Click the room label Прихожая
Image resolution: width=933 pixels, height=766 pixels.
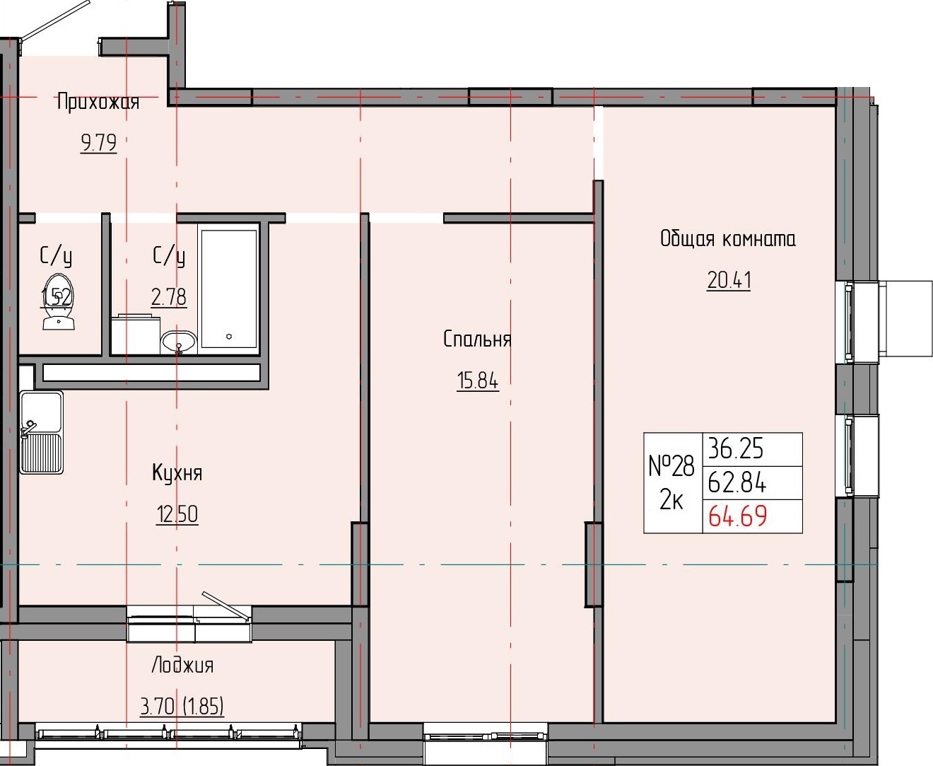click(x=98, y=103)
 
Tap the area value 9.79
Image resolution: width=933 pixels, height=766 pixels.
click(x=98, y=144)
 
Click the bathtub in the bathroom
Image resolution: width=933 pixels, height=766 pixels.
click(x=229, y=287)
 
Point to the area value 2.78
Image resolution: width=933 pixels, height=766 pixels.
click(x=169, y=296)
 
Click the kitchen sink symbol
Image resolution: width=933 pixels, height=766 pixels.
click(x=41, y=431)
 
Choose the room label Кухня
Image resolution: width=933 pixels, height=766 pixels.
click(x=177, y=472)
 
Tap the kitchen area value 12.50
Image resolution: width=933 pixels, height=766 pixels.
click(x=177, y=514)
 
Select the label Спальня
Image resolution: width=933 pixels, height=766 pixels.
click(x=477, y=340)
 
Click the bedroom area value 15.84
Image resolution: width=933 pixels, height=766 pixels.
click(x=477, y=381)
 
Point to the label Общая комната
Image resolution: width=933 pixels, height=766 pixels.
click(x=727, y=239)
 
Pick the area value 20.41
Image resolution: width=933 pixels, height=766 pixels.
click(x=729, y=281)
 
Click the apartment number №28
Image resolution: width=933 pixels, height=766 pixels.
click(x=671, y=466)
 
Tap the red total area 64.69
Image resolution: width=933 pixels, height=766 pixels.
click(x=737, y=516)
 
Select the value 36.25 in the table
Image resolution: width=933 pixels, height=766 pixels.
click(x=736, y=448)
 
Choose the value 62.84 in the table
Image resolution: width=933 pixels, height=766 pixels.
click(x=737, y=482)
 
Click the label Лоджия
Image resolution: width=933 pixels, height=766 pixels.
click(x=182, y=666)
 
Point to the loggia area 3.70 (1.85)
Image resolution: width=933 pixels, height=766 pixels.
click(x=182, y=706)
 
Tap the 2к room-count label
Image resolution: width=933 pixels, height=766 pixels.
click(x=671, y=501)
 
